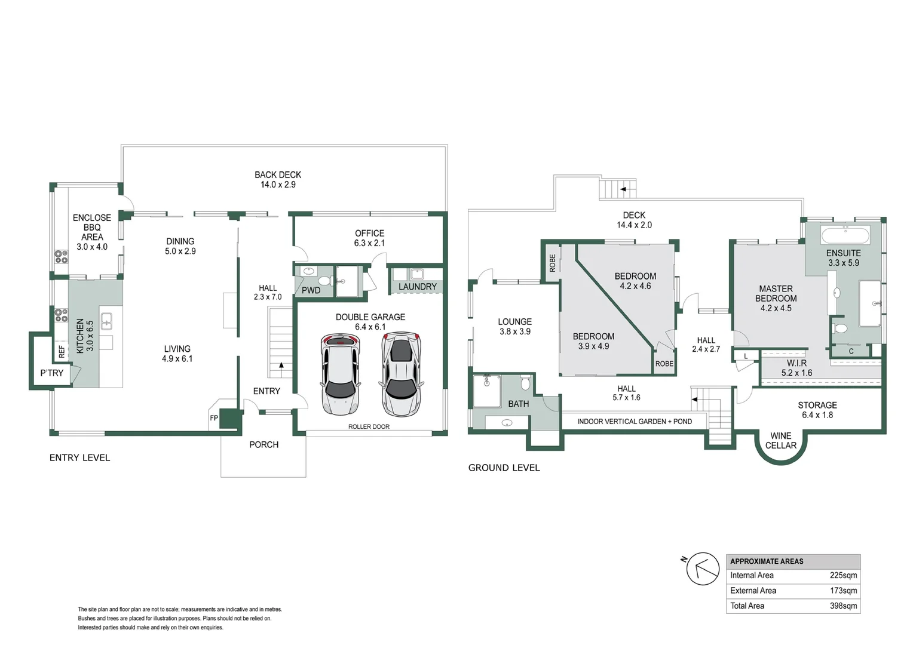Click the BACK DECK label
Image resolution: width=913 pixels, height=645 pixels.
click(x=278, y=175)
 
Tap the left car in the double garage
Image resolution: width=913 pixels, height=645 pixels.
click(x=341, y=374)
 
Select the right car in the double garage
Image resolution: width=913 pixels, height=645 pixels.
click(x=401, y=374)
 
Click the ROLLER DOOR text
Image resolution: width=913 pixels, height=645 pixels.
click(x=369, y=426)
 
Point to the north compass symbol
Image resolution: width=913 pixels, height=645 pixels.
click(x=702, y=569)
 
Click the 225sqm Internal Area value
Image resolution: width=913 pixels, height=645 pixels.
click(x=843, y=575)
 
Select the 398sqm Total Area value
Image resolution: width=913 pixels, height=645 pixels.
click(x=843, y=606)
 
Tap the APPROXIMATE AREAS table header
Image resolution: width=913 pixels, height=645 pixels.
click(x=767, y=561)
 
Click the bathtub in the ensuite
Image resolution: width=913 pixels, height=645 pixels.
click(x=845, y=235)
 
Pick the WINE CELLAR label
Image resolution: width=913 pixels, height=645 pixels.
click(x=780, y=441)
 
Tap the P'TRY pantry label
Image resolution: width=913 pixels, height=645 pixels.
click(x=52, y=373)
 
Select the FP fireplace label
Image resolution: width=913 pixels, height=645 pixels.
click(x=214, y=417)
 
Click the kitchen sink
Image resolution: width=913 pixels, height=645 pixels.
click(x=106, y=321)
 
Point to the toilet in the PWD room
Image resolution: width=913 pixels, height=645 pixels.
click(x=325, y=280)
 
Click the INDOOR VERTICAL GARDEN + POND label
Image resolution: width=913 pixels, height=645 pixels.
click(x=635, y=421)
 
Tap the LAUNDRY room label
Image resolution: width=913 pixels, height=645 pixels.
click(x=418, y=287)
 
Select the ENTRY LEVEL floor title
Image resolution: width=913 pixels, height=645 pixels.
click(x=80, y=458)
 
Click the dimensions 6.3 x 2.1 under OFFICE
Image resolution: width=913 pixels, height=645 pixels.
click(x=369, y=243)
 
